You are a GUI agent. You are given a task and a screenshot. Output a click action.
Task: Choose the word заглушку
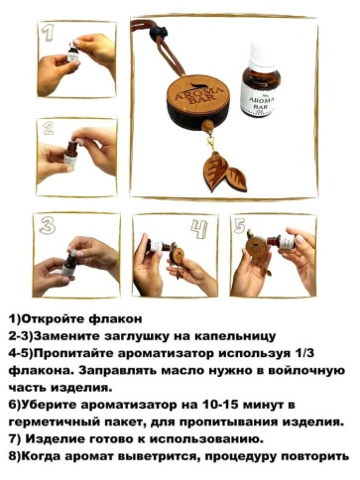pyautogui.click(x=129, y=337)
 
